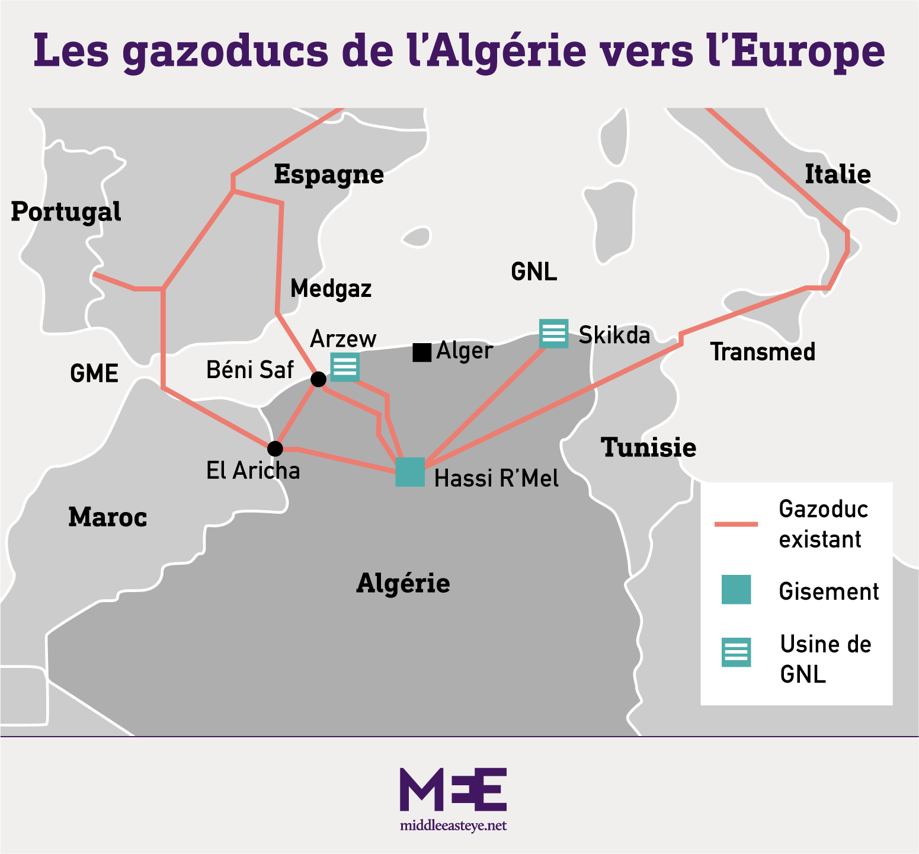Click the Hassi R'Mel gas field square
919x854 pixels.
click(x=410, y=472)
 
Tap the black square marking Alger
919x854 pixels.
click(x=422, y=353)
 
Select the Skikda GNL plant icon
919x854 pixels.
click(x=554, y=333)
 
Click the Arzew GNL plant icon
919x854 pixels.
click(x=345, y=367)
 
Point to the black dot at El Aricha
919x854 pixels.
click(x=275, y=449)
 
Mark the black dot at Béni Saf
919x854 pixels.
click(x=318, y=379)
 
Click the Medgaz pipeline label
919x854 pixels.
click(x=331, y=289)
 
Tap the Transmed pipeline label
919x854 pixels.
click(x=763, y=352)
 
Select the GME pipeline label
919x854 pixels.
click(x=94, y=374)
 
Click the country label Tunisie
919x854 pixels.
click(x=649, y=447)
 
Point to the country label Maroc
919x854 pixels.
click(x=107, y=517)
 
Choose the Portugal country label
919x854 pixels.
click(x=66, y=212)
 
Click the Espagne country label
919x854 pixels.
click(x=329, y=175)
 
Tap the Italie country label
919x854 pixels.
click(x=837, y=175)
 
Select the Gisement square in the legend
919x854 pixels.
click(x=736, y=590)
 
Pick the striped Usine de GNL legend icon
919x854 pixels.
click(x=736, y=652)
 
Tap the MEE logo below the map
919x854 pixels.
click(x=453, y=789)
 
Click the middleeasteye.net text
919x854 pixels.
click(x=453, y=826)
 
